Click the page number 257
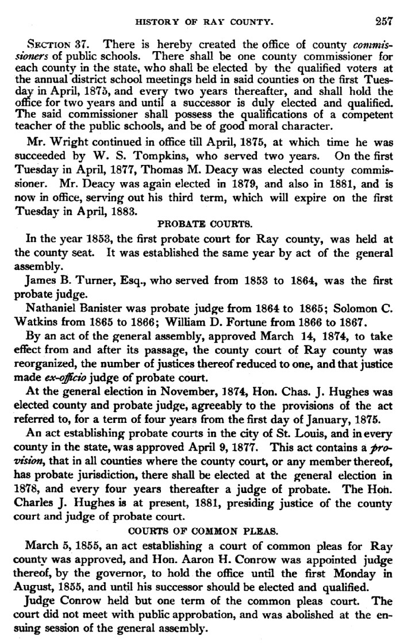(383, 22)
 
